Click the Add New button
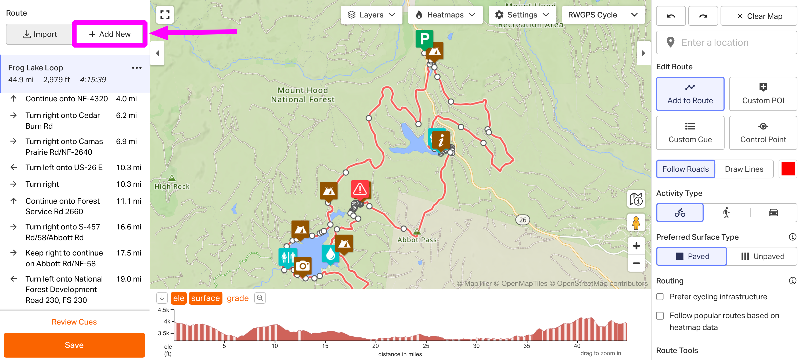[x=110, y=34]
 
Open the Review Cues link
[x=74, y=322]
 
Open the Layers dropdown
[x=371, y=15]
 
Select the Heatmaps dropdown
[x=445, y=15]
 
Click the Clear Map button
[x=759, y=16]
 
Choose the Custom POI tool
[x=763, y=94]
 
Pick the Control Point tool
[x=763, y=133]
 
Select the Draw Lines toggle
[x=744, y=169]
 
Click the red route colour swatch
[x=787, y=169]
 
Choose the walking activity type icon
[x=726, y=213]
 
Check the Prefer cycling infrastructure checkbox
[x=660, y=297]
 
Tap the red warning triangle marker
[x=360, y=189]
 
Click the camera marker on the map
[x=303, y=266]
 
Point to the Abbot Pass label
[x=417, y=240]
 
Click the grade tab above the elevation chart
[x=237, y=298]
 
